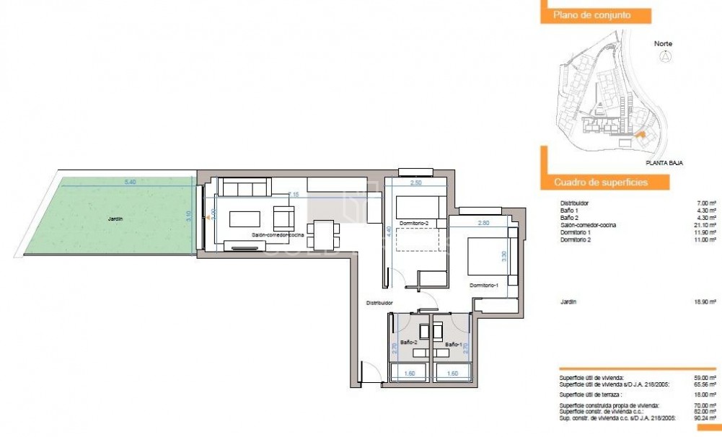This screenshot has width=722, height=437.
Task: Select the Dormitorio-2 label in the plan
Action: (x=413, y=224)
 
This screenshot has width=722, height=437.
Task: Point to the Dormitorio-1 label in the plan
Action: (x=485, y=286)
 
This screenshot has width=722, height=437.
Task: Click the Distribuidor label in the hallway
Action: (x=379, y=303)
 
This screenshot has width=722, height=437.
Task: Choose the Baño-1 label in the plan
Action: (x=454, y=344)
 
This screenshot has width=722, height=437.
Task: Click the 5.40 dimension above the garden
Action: (x=130, y=182)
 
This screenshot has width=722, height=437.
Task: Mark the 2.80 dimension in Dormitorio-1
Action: (x=484, y=223)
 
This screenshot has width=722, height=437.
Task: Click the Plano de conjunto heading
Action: (x=592, y=14)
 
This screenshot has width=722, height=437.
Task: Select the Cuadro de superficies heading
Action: (x=600, y=182)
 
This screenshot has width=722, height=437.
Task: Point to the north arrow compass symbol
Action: (x=664, y=58)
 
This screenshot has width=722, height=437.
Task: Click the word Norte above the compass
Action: (x=663, y=43)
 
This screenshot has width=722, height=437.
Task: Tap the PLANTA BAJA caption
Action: (x=664, y=163)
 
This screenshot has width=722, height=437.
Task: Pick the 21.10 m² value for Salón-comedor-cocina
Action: (x=705, y=224)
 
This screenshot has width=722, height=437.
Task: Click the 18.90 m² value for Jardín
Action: (x=705, y=303)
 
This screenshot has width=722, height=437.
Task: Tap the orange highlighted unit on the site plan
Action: (x=637, y=133)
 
